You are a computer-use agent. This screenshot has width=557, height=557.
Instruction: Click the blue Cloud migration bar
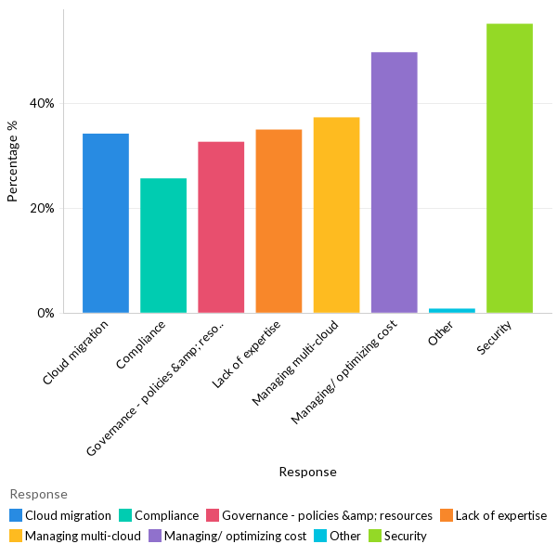click(106, 224)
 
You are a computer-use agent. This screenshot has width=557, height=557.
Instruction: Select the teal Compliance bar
click(163, 246)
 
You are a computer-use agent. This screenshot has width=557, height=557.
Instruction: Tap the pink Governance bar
click(221, 227)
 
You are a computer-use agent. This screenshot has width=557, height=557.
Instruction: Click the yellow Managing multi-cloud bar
click(336, 215)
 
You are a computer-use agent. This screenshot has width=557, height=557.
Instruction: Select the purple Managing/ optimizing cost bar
click(394, 183)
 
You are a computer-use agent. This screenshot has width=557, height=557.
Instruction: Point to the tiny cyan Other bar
click(452, 310)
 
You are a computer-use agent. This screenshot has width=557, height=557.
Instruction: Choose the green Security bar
click(510, 168)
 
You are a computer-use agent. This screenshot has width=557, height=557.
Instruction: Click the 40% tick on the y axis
click(41, 103)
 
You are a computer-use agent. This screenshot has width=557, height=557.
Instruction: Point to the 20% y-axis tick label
click(41, 208)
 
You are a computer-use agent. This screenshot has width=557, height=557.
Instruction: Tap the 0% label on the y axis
click(45, 313)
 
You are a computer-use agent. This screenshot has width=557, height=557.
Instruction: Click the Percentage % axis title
click(13, 168)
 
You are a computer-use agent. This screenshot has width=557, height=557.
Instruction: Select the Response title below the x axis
click(307, 472)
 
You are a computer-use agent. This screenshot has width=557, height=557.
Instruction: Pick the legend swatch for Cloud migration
click(16, 515)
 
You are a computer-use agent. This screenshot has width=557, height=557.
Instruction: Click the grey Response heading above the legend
click(38, 494)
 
